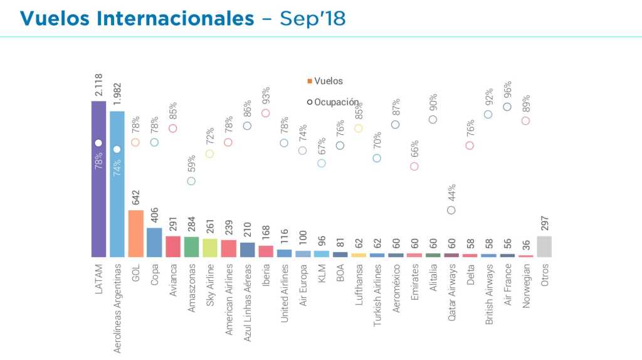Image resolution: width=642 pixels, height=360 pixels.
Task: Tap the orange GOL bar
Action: coord(136,233)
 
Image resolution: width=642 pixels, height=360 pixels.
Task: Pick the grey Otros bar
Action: coord(544,246)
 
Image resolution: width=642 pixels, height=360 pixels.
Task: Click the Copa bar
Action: coord(154,242)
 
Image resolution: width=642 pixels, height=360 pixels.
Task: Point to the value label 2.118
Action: coord(98,86)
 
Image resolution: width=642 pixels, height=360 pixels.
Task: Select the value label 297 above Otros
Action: coord(544,223)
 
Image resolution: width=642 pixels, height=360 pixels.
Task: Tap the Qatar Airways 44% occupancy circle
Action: coord(451,210)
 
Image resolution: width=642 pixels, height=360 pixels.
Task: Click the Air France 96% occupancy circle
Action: coord(507,107)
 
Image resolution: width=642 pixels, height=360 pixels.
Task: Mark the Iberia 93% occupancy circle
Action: coord(266,113)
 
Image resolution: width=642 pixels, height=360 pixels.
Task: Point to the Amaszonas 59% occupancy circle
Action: coord(191,181)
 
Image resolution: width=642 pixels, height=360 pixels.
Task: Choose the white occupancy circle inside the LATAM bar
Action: coord(98,143)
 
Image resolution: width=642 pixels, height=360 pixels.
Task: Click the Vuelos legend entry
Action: coord(325,81)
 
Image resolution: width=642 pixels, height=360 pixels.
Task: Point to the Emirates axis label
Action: coord(414,283)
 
